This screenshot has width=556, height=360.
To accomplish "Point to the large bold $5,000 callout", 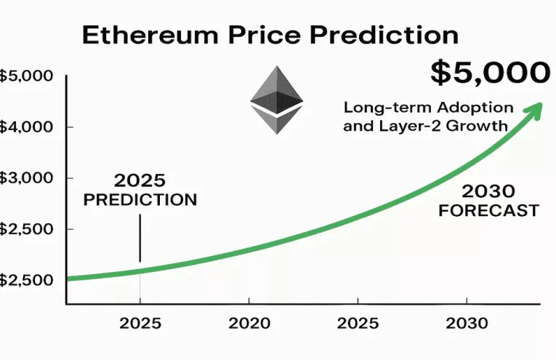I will pyautogui.click(x=490, y=73).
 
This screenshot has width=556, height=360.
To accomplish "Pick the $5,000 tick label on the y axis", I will pyautogui.click(x=23, y=76).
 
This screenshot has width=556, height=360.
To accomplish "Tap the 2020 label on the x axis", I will pyautogui.click(x=249, y=322).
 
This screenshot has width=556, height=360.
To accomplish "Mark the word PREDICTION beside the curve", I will pyautogui.click(x=140, y=199).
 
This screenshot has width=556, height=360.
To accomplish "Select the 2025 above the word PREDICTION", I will pyautogui.click(x=140, y=180).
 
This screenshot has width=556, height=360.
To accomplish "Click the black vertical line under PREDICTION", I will pyautogui.click(x=140, y=238).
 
